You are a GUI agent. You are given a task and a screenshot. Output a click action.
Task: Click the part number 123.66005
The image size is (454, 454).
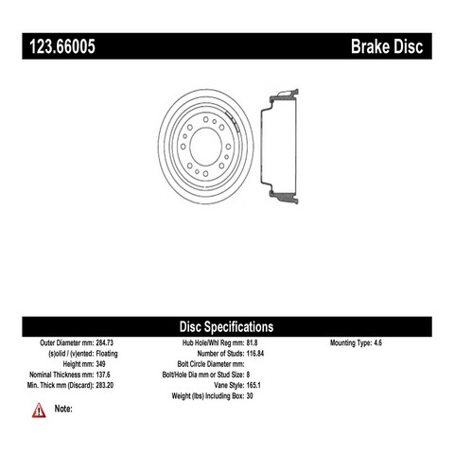click(62, 46)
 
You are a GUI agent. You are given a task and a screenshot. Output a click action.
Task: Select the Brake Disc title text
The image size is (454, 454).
click(387, 46)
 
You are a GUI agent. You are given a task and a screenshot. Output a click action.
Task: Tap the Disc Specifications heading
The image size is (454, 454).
click(226, 327)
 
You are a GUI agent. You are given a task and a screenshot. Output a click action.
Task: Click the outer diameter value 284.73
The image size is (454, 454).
click(104, 342)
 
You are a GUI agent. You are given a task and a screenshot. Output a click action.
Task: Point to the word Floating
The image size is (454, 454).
click(107, 354)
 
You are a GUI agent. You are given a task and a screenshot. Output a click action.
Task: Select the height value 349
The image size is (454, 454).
click(100, 364)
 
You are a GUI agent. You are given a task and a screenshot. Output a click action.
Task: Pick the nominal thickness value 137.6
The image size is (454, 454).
click(103, 375)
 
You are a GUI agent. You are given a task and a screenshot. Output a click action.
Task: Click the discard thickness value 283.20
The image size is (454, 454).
click(104, 385)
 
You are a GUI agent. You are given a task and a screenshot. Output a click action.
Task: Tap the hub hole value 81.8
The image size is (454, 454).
click(252, 342)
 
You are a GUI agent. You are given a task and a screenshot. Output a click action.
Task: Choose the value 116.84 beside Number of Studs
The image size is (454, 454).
click(255, 354)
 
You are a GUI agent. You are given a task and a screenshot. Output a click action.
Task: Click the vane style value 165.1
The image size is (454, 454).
click(253, 385)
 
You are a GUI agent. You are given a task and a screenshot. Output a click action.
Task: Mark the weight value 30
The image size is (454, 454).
click(250, 395)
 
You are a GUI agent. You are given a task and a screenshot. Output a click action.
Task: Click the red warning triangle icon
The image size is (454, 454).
click(39, 410)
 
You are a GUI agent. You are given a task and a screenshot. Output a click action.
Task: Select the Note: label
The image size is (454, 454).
click(63, 409)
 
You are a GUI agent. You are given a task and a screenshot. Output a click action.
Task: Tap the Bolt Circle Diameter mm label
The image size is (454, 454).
click(211, 364)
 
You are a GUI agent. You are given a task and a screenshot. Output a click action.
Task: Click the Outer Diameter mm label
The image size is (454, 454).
click(67, 342)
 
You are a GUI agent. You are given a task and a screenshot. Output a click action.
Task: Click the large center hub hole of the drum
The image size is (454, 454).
click(205, 147)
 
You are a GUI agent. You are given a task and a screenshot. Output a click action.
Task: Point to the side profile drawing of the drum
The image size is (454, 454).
click(279, 147)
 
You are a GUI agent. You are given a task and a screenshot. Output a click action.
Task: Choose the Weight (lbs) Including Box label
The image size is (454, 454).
click(208, 395)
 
